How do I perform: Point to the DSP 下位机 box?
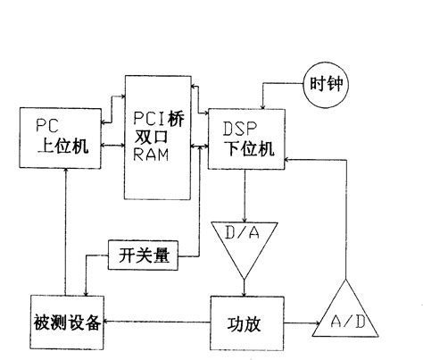pyautogui.click(x=247, y=138)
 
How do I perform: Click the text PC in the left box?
pyautogui.click(x=46, y=122)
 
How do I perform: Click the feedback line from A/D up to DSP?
pyautogui.click(x=344, y=214)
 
